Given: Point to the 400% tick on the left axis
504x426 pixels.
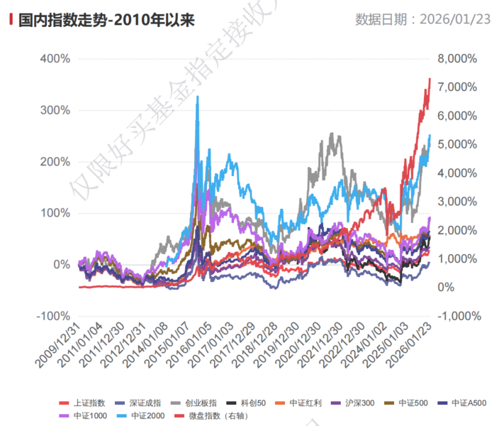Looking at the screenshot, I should pyautogui.click(x=54, y=58).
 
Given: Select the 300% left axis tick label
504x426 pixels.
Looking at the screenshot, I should pyautogui.click(x=54, y=110).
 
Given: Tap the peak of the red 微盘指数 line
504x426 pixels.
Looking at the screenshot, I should pyautogui.click(x=430, y=79).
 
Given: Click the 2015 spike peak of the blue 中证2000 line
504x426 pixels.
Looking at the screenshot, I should pyautogui.click(x=197, y=97).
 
